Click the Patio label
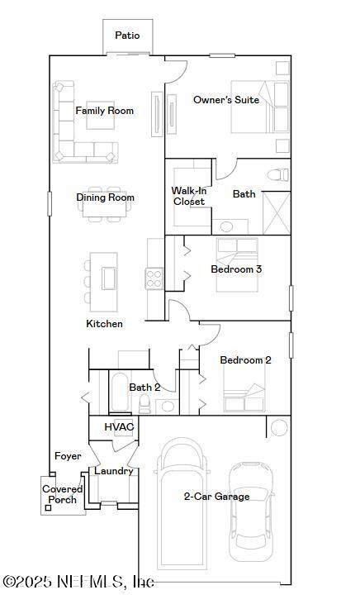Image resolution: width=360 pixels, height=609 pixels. point(127,36)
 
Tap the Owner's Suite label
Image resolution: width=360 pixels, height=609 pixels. point(226,100)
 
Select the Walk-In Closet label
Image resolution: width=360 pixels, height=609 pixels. point(189,196)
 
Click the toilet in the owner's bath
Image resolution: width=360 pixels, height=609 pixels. point(278,174)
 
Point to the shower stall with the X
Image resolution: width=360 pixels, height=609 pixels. point(277,213)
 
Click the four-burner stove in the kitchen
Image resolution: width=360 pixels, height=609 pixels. point(154,278)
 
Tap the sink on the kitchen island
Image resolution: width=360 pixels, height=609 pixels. point(109,278)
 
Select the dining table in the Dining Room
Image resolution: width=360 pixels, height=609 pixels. point(106,210)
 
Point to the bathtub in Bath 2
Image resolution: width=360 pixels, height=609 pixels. point(120,393)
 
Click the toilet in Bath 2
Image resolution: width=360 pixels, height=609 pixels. point(144,404)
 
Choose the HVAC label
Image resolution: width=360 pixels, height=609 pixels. point(119,427)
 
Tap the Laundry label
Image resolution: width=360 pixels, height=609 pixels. point(114,471)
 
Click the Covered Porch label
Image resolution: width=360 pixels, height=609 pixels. point(63,494)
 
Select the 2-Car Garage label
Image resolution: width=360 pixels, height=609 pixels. point(216,497)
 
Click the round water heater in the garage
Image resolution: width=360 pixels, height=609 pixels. point(279,427)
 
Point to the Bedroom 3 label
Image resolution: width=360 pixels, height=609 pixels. point(236,269)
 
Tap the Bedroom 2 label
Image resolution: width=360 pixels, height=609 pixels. point(245,360)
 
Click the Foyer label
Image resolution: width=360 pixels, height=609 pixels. point(68,456)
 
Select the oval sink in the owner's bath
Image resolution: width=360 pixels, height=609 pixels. point(225,226)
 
